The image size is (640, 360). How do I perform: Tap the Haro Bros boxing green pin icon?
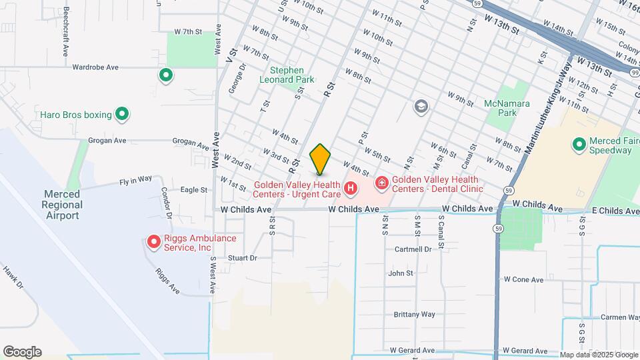(x=122, y=115)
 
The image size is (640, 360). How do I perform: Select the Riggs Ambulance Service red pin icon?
(x=154, y=241)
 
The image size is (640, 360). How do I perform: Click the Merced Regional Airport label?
(x=63, y=204)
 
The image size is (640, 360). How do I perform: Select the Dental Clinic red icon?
(x=382, y=182)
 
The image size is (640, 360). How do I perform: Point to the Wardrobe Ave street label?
(x=95, y=67)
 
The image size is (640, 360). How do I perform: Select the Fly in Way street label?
(x=136, y=179)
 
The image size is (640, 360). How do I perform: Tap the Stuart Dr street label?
(x=242, y=257)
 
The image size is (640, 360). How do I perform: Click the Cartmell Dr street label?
(x=418, y=249)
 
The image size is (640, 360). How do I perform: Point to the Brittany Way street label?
(x=414, y=314)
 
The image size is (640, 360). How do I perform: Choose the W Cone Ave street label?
(x=524, y=280)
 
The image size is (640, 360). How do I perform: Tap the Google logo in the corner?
(x=22, y=352)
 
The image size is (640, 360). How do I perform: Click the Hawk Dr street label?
(x=12, y=277)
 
